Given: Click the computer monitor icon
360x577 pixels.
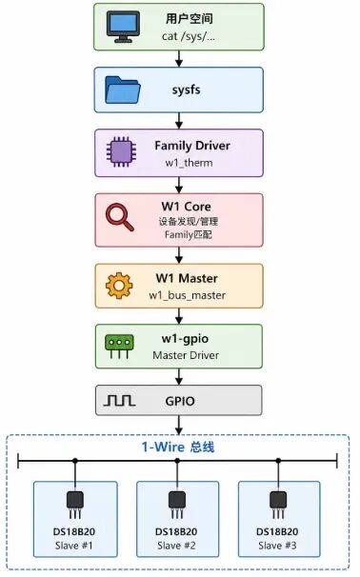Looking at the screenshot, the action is click(123, 27).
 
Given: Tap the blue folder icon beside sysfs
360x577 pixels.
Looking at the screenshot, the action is click(123, 90).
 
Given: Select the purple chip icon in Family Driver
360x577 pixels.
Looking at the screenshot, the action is click(121, 151).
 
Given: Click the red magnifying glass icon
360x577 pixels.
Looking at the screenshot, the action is click(120, 217).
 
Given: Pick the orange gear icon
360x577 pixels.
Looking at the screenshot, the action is click(119, 286).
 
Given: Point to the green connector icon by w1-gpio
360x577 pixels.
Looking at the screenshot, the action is click(119, 347).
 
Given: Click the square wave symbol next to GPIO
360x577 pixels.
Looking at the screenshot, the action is click(119, 400).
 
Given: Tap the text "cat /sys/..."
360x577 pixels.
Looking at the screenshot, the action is click(189, 36).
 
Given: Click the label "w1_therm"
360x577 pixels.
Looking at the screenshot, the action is click(189, 163).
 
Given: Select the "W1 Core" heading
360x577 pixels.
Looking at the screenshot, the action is click(187, 207).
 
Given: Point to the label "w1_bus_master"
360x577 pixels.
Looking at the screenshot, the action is click(187, 295).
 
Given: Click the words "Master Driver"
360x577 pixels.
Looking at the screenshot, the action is click(186, 355).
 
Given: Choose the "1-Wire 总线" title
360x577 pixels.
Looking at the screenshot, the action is click(178, 448).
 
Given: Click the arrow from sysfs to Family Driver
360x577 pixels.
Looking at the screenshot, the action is click(179, 121).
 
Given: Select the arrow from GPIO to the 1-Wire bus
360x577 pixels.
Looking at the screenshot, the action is click(179, 425).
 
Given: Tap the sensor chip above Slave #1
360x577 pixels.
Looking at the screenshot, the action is click(75, 505).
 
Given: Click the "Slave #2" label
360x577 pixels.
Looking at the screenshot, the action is click(177, 546).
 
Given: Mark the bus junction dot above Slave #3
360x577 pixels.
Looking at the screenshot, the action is click(279, 460).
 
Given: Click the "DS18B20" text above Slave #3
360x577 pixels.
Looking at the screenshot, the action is click(277, 531).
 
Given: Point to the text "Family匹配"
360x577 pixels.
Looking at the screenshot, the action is click(189, 234).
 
